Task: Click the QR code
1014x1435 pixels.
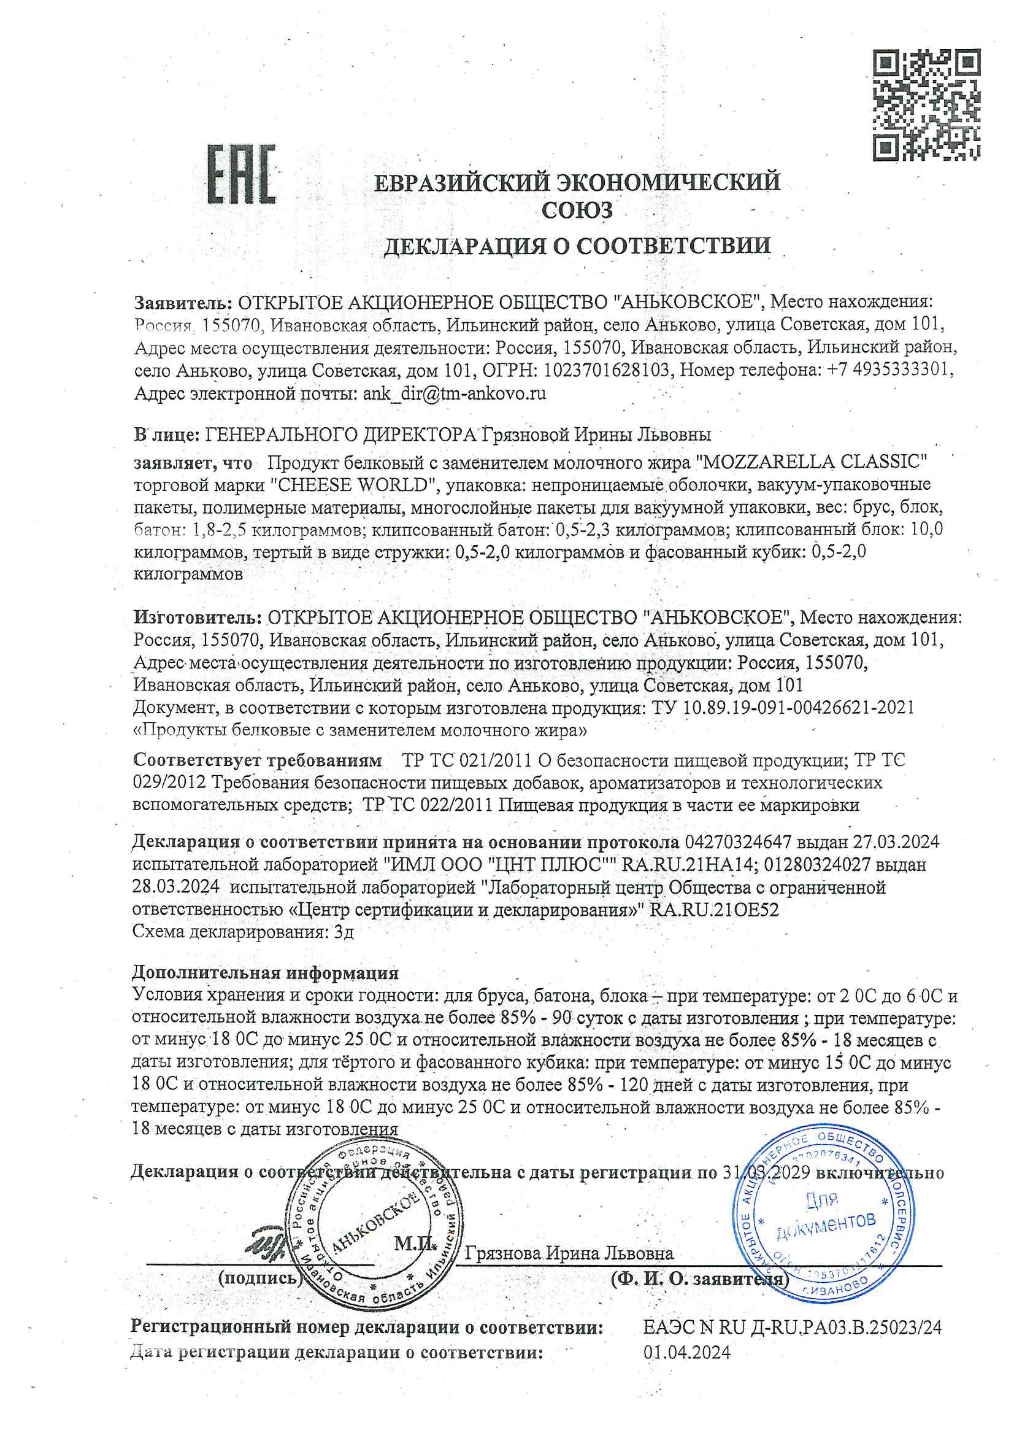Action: pyautogui.click(x=925, y=106)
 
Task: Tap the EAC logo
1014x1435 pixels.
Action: pyautogui.click(x=241, y=174)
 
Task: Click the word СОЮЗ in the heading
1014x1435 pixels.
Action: pyautogui.click(x=577, y=211)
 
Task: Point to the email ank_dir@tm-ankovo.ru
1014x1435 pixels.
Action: pyautogui.click(x=454, y=394)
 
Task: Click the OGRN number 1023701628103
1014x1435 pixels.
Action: pyautogui.click(x=607, y=371)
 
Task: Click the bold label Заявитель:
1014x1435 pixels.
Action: pyautogui.click(x=183, y=303)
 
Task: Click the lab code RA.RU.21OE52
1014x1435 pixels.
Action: pyautogui.click(x=714, y=910)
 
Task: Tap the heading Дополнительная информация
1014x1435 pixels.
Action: pyautogui.click(x=265, y=973)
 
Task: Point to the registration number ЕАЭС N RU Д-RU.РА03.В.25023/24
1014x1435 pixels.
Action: pyautogui.click(x=792, y=1328)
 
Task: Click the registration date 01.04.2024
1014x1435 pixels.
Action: pyautogui.click(x=686, y=1353)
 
